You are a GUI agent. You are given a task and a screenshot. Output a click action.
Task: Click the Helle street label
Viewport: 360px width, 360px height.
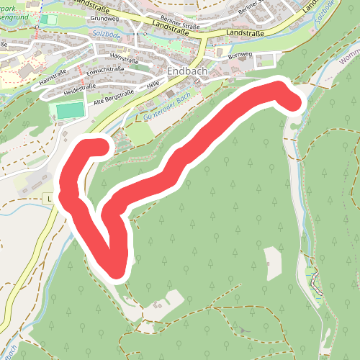point(153,85)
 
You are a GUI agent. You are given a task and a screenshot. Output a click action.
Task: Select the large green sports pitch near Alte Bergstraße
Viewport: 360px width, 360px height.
point(70,111)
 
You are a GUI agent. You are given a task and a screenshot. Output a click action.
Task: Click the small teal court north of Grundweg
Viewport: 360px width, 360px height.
point(48,19)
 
